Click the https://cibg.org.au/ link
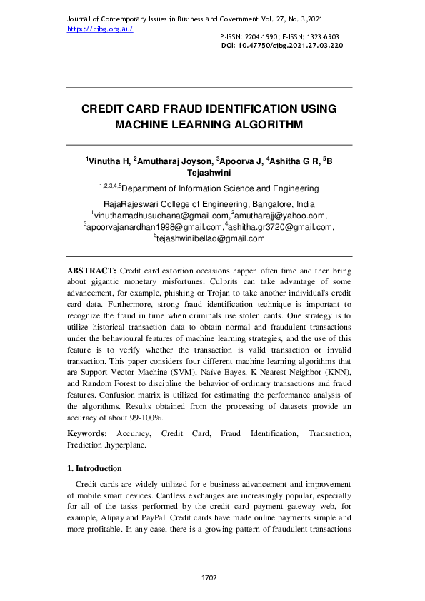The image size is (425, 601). [100, 29]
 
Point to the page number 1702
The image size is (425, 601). [209, 577]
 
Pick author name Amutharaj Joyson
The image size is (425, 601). [174, 162]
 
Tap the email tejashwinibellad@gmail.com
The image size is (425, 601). [210, 239]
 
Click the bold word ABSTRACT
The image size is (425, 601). [91, 272]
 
